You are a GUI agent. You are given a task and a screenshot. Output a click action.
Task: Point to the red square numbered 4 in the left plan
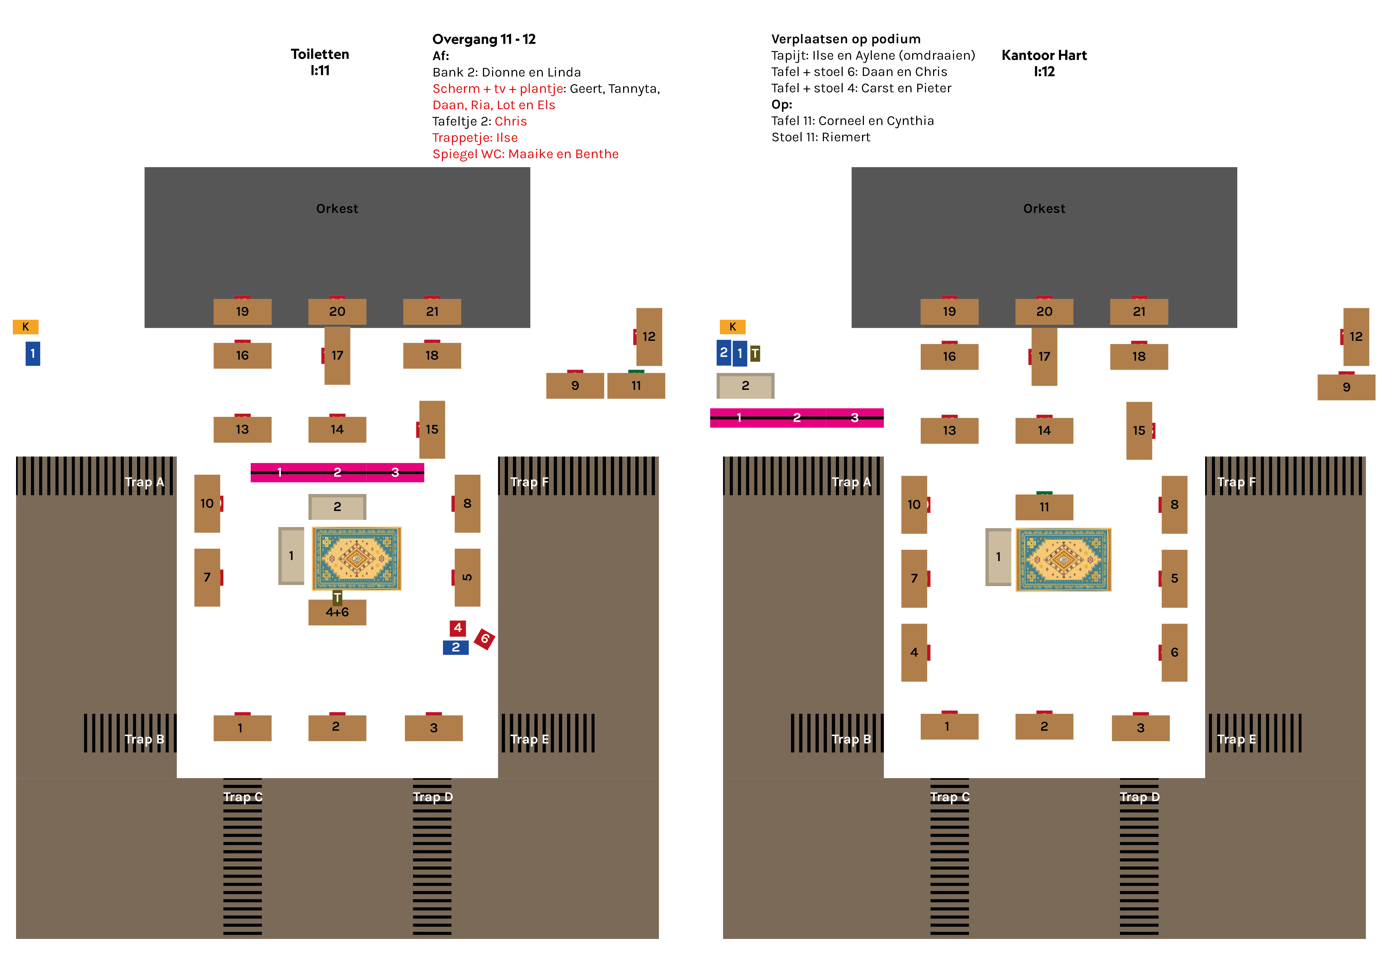(457, 628)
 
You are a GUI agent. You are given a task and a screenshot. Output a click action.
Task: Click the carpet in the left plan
(356, 558)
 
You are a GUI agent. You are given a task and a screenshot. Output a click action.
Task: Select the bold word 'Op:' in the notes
(781, 105)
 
